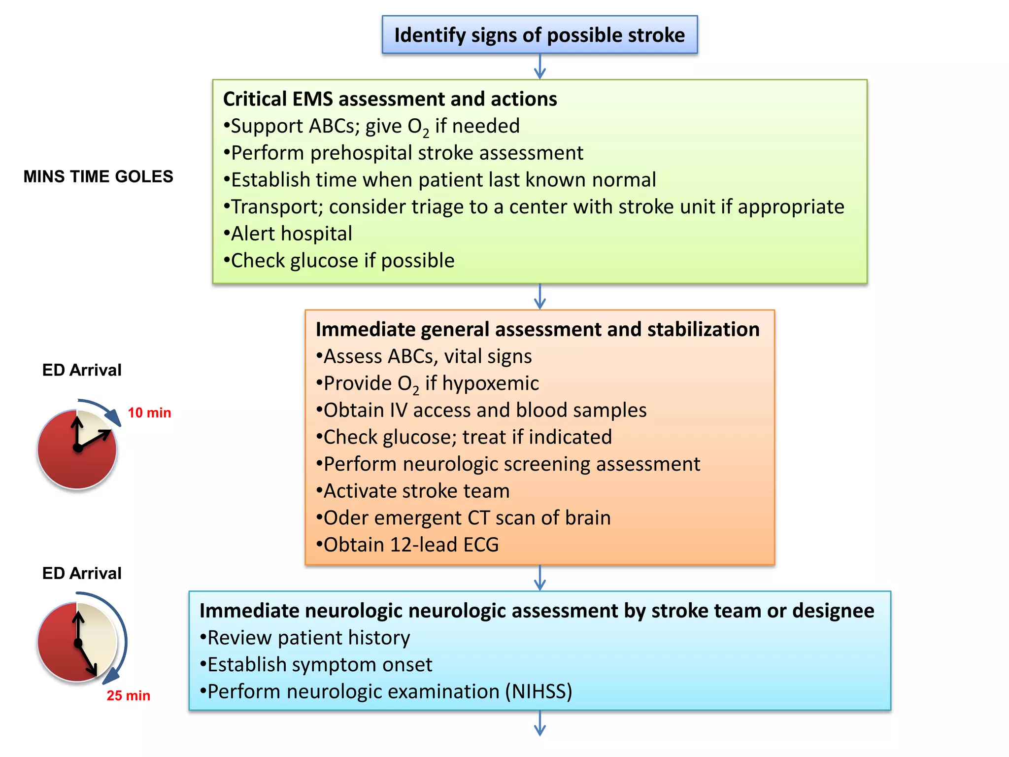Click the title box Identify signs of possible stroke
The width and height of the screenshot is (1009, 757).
click(539, 35)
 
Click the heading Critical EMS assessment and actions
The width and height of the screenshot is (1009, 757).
click(390, 99)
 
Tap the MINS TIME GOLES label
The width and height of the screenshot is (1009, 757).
click(98, 176)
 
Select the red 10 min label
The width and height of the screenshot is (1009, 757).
click(149, 413)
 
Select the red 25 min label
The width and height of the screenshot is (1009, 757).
click(128, 696)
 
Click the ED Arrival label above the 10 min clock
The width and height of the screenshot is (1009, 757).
click(82, 370)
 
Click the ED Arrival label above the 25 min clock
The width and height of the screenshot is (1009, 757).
click(82, 573)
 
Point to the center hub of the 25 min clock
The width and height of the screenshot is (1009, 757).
click(78, 643)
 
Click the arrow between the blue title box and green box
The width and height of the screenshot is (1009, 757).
click(540, 67)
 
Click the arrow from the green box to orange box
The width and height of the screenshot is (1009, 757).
click(540, 296)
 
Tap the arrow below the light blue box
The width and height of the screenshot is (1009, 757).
click(540, 723)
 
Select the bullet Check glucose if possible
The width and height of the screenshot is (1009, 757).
click(342, 261)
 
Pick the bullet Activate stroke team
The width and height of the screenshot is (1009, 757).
click(416, 491)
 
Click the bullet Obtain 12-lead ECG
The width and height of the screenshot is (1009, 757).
click(410, 545)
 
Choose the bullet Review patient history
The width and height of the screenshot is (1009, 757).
click(308, 638)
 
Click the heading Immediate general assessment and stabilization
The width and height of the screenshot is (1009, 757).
click(538, 329)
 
